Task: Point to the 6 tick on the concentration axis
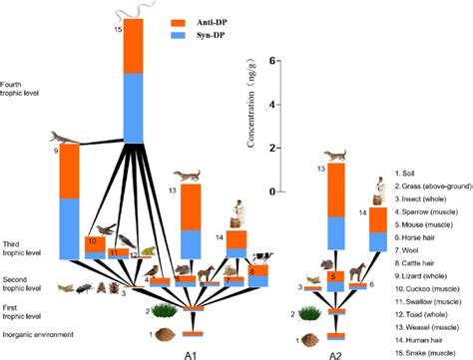[242, 61]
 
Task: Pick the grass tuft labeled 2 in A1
[170, 312]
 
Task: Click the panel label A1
[190, 352]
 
